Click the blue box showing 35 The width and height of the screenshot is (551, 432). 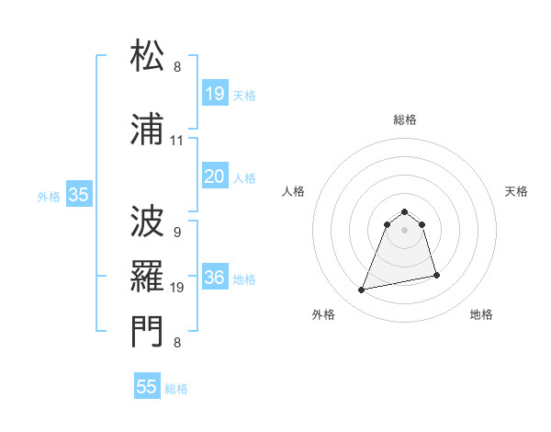pos(78,195)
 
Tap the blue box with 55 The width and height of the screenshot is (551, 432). pos(147,387)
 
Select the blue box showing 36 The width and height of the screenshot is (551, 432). pos(215,279)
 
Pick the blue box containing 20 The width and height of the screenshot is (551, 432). pos(215,177)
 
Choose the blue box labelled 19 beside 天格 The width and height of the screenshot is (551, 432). pos(215,94)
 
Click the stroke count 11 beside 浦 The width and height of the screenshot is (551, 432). pos(177,141)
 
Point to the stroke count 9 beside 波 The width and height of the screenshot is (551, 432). pos(176,232)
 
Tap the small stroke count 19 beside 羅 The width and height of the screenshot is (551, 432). pos(177,288)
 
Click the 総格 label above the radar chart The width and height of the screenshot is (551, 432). pos(405,119)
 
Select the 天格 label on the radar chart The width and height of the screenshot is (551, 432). pos(517,191)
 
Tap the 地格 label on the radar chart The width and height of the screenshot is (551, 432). pos(481,314)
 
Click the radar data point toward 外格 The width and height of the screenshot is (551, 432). pos(362,290)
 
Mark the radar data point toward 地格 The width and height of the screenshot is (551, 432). pos(436,275)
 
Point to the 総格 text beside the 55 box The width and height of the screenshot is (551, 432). pos(176,389)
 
